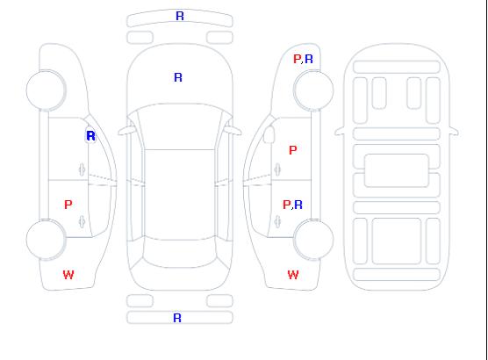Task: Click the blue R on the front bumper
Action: tap(180, 16)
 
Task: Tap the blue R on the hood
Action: tap(178, 77)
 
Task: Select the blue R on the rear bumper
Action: tap(177, 318)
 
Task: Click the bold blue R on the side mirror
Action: tap(90, 136)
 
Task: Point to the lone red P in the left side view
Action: tap(68, 205)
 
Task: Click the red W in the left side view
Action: tap(68, 275)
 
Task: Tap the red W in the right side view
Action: tap(293, 275)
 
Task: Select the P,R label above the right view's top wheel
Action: tap(303, 59)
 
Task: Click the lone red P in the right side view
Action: tap(293, 150)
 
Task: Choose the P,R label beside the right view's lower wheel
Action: tap(292, 205)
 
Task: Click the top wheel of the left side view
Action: tap(46, 90)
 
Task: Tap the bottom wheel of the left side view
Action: tap(46, 240)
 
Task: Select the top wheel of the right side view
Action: tap(313, 90)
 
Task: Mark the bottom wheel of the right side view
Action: tap(313, 240)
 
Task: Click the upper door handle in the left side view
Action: tap(82, 169)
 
